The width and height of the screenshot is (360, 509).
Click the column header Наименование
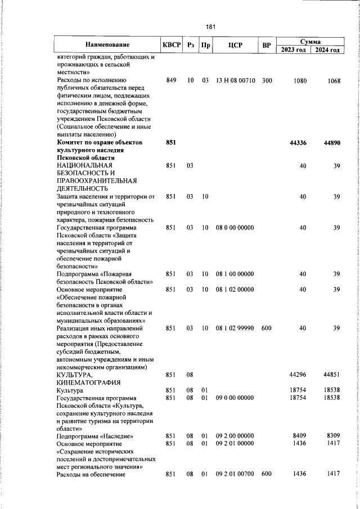[x=107, y=45]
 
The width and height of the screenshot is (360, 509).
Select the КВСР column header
[x=172, y=45]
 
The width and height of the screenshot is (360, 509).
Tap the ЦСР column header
[x=235, y=45]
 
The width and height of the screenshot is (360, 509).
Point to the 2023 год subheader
[x=292, y=50]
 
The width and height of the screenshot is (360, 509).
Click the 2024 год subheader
[x=327, y=50]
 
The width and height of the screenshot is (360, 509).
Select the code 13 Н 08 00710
[x=235, y=80]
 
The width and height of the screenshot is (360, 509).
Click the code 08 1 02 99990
[x=235, y=328]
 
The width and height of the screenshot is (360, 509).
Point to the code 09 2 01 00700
[x=235, y=475]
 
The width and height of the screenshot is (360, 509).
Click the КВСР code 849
[x=172, y=80]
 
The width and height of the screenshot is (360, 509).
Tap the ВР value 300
[x=267, y=80]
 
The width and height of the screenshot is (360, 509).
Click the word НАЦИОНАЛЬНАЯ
[x=84, y=166]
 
